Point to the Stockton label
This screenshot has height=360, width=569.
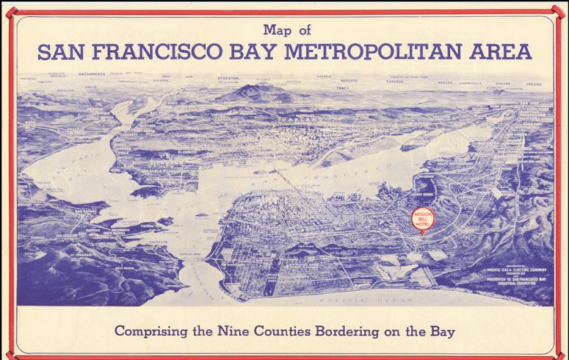click(x=230, y=76)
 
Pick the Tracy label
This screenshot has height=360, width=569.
click(x=341, y=88)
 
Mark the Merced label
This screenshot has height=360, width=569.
click(x=445, y=83)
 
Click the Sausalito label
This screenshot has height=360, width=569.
click(x=157, y=242)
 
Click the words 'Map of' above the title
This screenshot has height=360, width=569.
click(x=285, y=31)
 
